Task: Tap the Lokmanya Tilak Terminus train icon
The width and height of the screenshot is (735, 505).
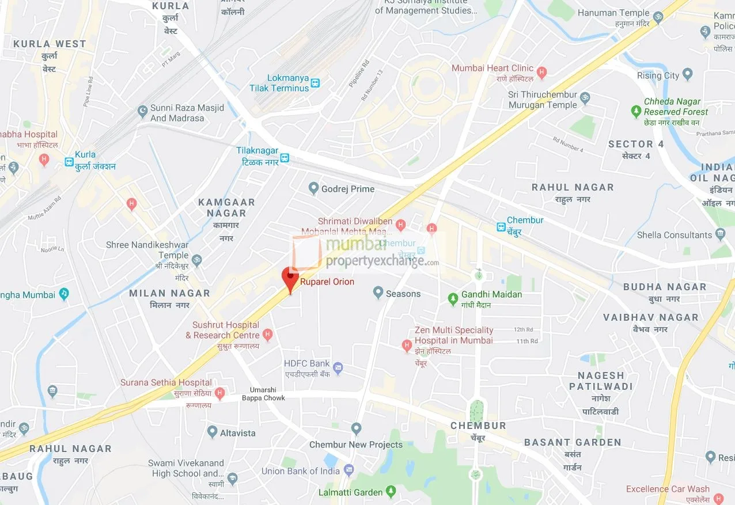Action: coord(315,83)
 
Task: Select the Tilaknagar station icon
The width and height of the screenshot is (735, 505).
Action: coord(285,157)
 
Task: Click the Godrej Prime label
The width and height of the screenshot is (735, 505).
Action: coord(347,189)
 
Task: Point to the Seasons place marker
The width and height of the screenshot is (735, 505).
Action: coord(378,293)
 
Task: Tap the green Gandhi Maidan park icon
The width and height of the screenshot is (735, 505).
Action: coord(453,298)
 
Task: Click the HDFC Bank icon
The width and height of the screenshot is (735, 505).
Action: coord(338,368)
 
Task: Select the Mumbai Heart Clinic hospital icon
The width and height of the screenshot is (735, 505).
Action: coord(541,73)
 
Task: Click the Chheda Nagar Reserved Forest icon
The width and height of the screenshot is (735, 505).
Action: coord(636,111)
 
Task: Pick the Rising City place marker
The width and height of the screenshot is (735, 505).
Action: coord(687,75)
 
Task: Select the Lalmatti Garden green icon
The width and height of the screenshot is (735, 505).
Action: coord(391,492)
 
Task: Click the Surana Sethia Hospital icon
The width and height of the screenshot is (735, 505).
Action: coord(219,393)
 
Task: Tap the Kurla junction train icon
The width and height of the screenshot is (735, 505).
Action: coord(69,162)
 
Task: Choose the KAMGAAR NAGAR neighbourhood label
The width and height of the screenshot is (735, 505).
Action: coord(226,208)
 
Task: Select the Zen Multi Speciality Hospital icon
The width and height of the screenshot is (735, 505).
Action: coord(407,345)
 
